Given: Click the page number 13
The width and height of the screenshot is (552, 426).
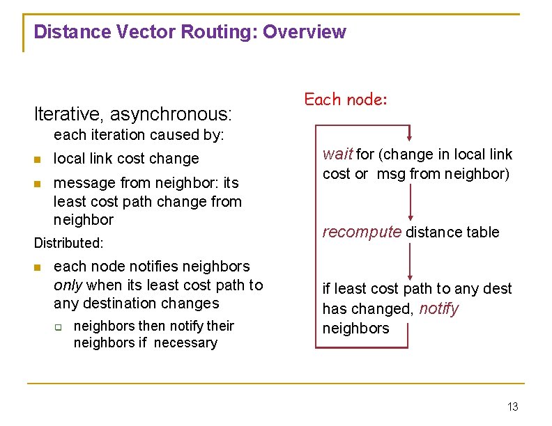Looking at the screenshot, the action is pyautogui.click(x=513, y=407).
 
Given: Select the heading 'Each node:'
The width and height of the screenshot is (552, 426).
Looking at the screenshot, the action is pyautogui.click(x=346, y=100).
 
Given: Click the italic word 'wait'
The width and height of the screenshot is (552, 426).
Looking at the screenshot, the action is pyautogui.click(x=337, y=155).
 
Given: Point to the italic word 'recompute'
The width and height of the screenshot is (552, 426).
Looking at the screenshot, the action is pyautogui.click(x=362, y=232).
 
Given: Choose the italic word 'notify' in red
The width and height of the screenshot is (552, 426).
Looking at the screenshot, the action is pyautogui.click(x=439, y=308).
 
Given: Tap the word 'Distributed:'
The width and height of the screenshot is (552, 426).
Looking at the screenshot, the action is pyautogui.click(x=69, y=243).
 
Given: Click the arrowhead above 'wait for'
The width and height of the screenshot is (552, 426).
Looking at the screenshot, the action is pyautogui.click(x=410, y=136).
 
